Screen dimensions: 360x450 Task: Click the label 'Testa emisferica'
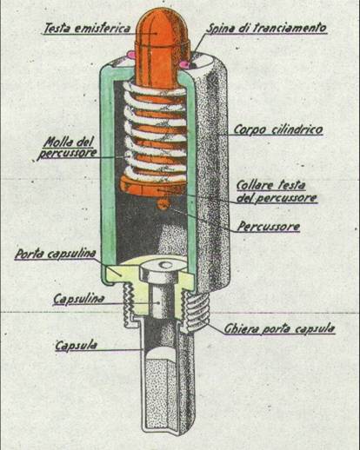(87, 28)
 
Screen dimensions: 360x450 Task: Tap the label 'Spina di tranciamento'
(266, 28)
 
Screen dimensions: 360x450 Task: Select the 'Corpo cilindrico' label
(278, 129)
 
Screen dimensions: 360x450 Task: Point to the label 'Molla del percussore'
(68, 148)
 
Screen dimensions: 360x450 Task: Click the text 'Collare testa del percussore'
(277, 191)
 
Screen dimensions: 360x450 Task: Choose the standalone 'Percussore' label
(269, 227)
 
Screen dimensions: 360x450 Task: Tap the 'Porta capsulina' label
(55, 254)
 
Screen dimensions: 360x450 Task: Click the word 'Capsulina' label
(78, 299)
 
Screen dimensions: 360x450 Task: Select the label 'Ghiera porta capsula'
(279, 328)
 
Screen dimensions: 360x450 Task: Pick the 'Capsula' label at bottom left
(77, 345)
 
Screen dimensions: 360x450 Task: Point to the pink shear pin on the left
(131, 55)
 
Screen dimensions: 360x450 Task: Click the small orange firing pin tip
(163, 203)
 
